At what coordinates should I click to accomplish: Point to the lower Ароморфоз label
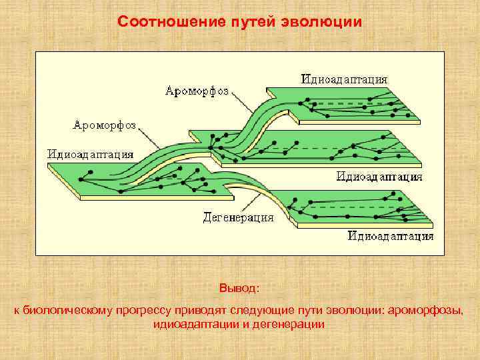[104, 125]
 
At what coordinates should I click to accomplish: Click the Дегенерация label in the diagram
[237, 217]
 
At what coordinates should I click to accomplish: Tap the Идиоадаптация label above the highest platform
[344, 79]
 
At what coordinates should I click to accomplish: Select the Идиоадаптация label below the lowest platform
[390, 235]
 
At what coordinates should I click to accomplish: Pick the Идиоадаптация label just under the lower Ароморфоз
[90, 153]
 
